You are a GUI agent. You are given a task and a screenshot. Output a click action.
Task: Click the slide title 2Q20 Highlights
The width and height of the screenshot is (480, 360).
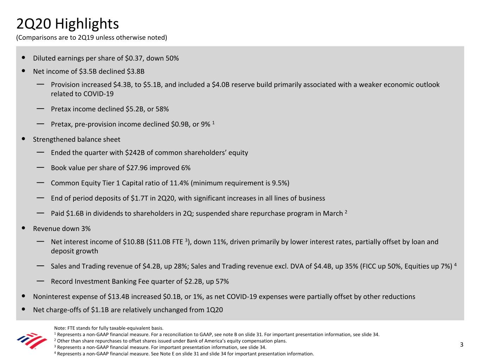pos(68,24)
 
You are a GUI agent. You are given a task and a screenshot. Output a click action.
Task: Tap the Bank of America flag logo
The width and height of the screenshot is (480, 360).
pos(32,341)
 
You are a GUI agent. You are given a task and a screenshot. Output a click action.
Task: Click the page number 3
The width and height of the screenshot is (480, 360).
pos(462,345)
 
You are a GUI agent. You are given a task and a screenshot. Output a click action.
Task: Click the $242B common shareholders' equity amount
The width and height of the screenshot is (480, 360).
pos(134,153)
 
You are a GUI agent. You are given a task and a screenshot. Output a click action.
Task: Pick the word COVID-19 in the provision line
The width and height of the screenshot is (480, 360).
pos(98,94)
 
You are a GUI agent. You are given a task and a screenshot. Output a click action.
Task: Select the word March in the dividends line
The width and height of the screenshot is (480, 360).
pos(333,214)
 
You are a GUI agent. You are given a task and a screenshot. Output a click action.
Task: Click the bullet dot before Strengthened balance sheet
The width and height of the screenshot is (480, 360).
pos(23,139)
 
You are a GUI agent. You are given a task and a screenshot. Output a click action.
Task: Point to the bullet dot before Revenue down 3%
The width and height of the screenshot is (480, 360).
pos(23,228)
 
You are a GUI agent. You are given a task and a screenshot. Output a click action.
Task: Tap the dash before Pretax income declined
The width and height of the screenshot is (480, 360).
pos(40,109)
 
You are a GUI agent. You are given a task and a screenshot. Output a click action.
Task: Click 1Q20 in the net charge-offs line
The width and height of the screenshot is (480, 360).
pos(214,310)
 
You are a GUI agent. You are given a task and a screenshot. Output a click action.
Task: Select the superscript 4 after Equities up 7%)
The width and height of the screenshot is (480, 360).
pos(455,264)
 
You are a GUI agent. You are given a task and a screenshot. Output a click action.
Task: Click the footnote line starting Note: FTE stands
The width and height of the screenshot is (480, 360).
pos(109,328)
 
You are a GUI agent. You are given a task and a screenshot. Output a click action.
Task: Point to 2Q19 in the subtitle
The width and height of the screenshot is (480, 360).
pos(86,38)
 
